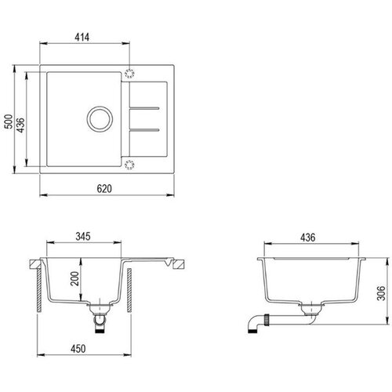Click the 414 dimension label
click(82, 37)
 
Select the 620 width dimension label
click(104, 188)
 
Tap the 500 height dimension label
click(9, 122)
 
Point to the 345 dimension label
click(83, 236)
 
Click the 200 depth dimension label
click(75, 278)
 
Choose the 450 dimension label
click(78, 349)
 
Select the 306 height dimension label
click(381, 293)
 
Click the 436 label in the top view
click(21, 125)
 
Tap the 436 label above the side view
click(307, 238)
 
